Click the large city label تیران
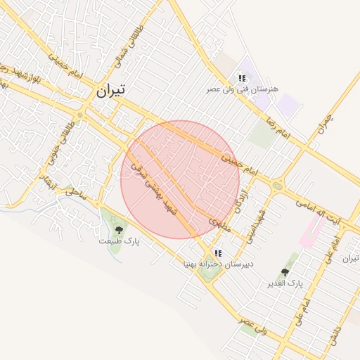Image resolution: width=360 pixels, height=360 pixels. click(111, 90)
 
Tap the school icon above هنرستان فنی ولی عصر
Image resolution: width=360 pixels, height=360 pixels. click(242, 78)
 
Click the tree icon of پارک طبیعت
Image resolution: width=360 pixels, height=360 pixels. click(118, 229)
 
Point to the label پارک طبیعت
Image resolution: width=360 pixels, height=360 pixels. click(120, 241)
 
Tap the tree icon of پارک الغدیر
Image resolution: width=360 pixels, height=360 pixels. click(285, 272)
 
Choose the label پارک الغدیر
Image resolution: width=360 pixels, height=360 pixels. click(285, 283)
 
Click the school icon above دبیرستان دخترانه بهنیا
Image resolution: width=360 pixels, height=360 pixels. click(218, 252)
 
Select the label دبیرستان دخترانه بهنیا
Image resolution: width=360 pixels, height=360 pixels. click(218, 264)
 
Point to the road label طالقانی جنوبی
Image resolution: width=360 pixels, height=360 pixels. click(59, 145)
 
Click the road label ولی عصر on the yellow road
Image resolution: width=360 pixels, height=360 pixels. click(252, 326)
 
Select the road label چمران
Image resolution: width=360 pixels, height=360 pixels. click(324, 124)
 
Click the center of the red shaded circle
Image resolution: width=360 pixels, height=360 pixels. click(180, 179)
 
